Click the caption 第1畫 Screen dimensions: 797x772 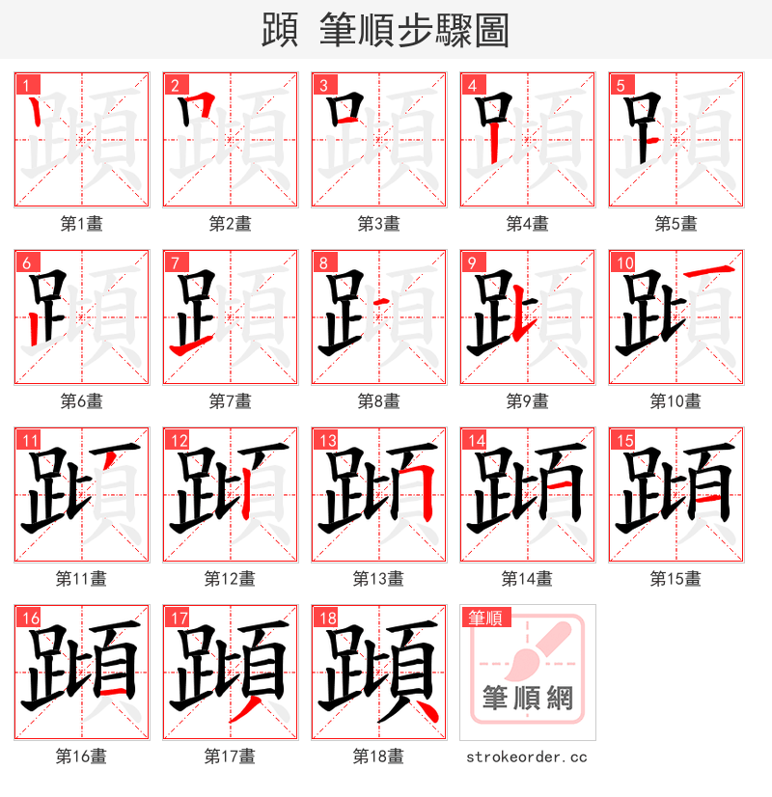click(82, 224)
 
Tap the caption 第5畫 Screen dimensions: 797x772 click(675, 224)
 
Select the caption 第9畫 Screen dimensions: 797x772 click(527, 401)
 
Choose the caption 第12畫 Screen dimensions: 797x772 click(230, 579)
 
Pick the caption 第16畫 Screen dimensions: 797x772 click(82, 756)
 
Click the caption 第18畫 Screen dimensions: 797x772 click(378, 756)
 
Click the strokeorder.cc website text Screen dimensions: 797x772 click(527, 757)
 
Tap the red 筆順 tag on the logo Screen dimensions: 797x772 click(485, 618)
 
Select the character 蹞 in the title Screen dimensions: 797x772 click(280, 31)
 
